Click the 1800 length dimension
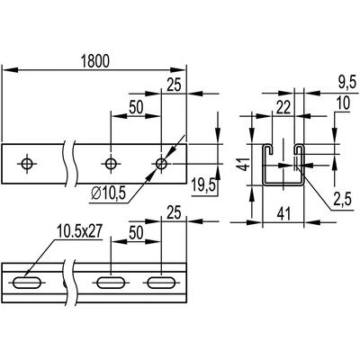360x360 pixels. click(95, 61)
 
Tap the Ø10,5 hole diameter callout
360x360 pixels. click(108, 193)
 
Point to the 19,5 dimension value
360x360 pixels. click(203, 185)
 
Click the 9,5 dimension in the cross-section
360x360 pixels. click(347, 82)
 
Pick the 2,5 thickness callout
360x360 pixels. click(342, 200)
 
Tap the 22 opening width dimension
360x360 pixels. click(283, 107)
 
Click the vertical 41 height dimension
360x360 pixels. click(246, 164)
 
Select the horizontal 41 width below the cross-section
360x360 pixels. click(283, 214)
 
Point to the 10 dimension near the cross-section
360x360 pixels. click(343, 103)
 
